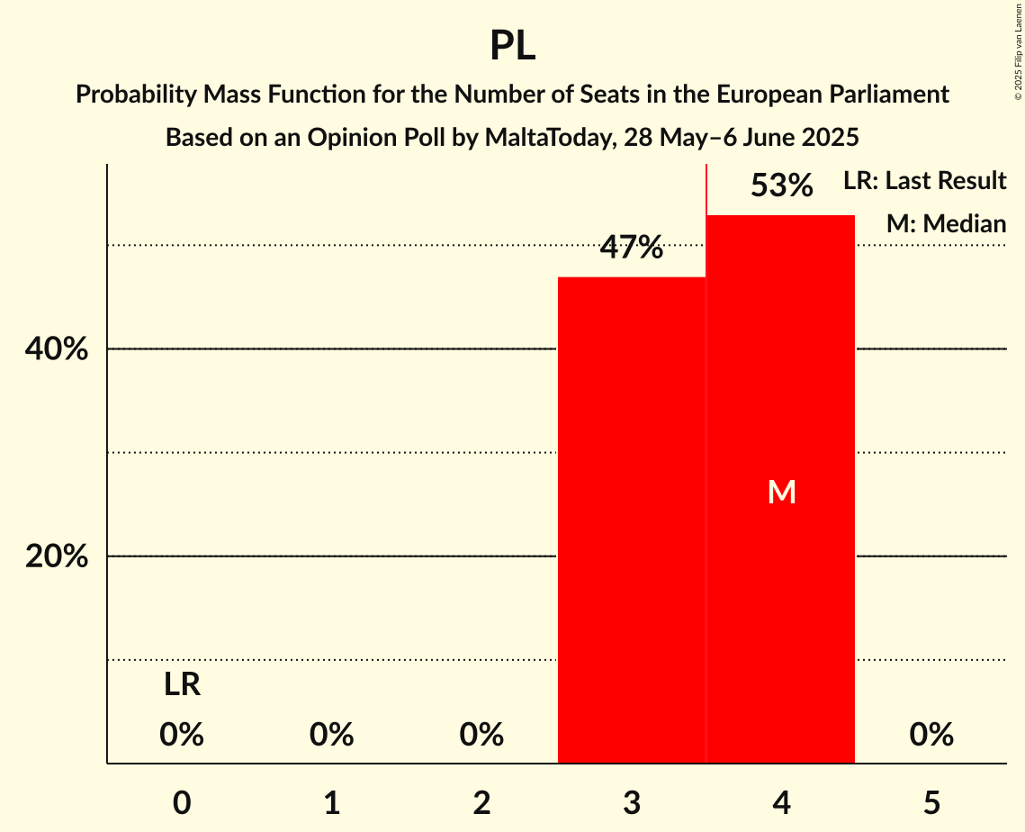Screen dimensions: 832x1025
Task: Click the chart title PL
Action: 512,45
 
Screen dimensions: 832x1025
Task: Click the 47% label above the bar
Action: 632,248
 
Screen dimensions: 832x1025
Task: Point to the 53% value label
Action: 781,186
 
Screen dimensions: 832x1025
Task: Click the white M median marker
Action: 781,492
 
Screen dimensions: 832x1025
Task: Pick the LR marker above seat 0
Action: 182,685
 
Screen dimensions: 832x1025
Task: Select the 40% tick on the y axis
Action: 57,349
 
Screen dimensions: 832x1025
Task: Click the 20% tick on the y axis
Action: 57,556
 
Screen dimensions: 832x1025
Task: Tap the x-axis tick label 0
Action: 182,802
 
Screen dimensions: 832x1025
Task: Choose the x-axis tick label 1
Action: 332,802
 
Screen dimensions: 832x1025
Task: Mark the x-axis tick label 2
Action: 481,802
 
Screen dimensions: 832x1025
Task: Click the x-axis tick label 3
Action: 632,802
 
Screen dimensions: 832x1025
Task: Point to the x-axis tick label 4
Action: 781,802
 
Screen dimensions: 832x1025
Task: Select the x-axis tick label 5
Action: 931,802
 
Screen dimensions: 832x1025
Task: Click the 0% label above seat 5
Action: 931,736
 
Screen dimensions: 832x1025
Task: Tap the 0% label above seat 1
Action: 332,736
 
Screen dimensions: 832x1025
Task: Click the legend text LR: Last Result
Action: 924,181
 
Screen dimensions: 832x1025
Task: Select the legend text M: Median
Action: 946,223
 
